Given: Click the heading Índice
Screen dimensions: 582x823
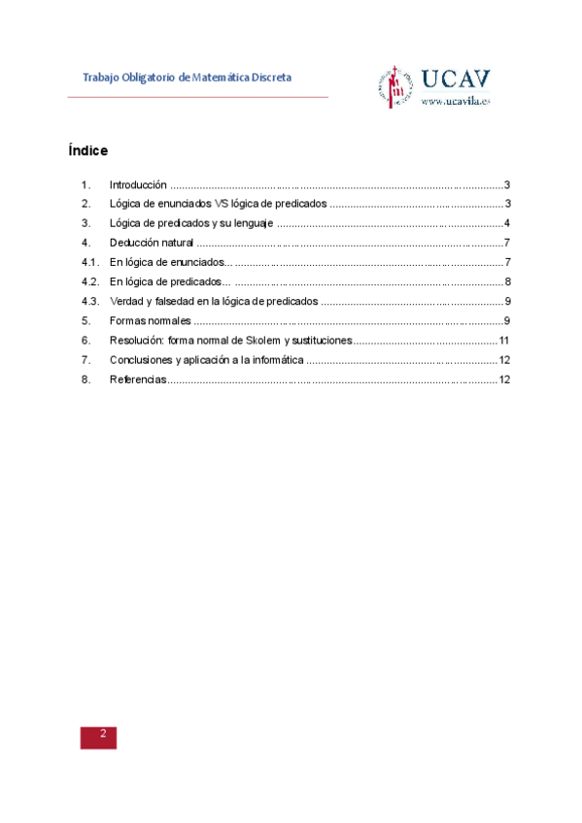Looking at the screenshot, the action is (87, 151).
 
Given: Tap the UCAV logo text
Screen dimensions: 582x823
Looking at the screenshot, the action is (456, 79).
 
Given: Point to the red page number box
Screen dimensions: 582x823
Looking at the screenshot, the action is (98, 736).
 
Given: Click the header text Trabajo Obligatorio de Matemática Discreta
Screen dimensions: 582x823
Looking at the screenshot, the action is (187, 77).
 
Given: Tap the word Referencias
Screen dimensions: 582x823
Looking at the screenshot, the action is (138, 379).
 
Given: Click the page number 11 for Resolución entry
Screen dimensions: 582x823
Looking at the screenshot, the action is (504, 341).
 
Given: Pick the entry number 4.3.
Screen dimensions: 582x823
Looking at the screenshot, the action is (90, 301).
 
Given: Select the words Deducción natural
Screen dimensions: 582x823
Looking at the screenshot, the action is (152, 243).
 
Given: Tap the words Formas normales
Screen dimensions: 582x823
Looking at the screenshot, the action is (150, 320).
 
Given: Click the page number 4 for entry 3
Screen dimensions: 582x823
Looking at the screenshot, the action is (507, 223).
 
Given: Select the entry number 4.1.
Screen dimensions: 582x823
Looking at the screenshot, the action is (90, 262).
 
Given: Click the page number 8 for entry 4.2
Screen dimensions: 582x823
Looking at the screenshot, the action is (507, 281).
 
